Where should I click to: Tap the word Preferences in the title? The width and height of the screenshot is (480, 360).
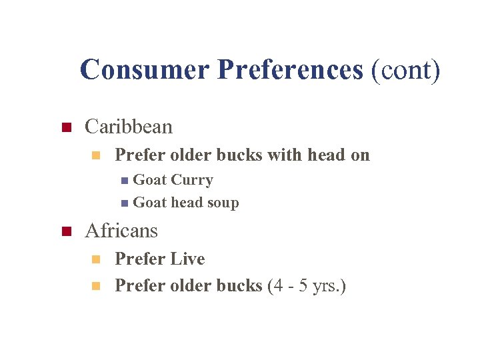click(x=290, y=69)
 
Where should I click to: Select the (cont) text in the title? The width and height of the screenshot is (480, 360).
click(x=406, y=69)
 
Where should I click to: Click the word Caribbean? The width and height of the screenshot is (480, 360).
click(x=129, y=127)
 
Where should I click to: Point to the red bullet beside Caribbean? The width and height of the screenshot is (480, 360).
click(x=65, y=127)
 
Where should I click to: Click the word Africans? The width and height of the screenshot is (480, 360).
click(x=121, y=231)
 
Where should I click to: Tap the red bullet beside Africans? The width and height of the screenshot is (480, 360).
click(x=65, y=232)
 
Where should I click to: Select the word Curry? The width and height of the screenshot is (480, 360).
click(x=192, y=180)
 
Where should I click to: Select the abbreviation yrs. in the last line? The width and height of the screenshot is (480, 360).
click(x=329, y=286)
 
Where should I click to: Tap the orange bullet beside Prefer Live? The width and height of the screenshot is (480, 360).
click(x=95, y=259)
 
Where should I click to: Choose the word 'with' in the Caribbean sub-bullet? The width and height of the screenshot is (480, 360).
click(x=284, y=155)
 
